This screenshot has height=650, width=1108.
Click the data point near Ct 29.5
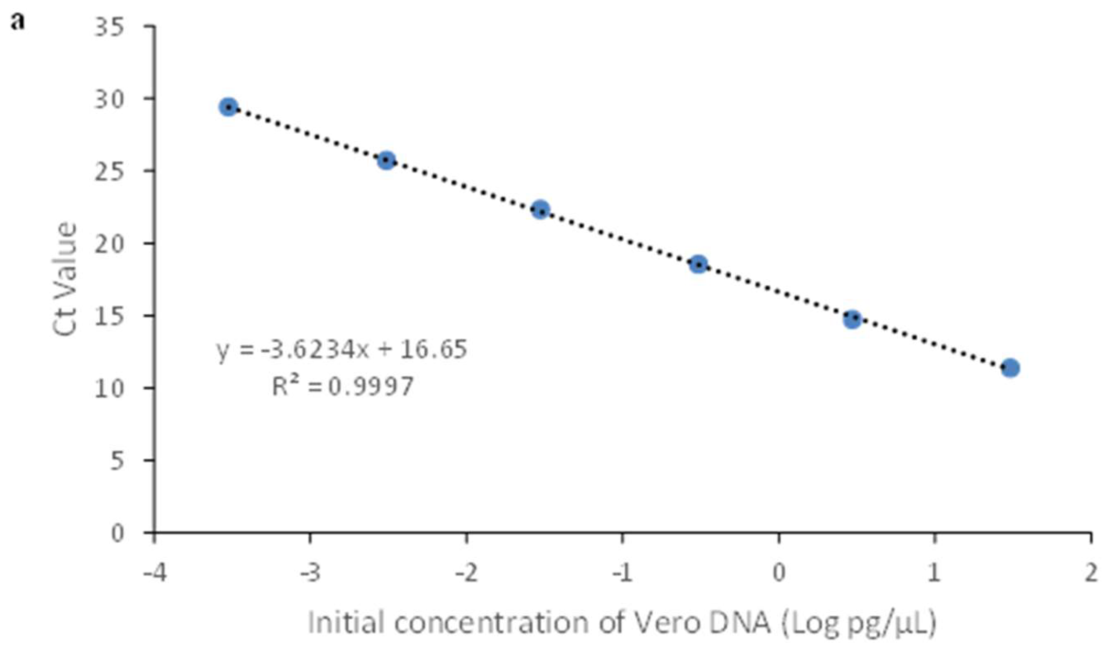pyautogui.click(x=229, y=107)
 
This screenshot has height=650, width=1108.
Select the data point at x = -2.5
pyautogui.click(x=386, y=160)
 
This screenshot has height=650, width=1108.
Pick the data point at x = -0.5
pyautogui.click(x=698, y=264)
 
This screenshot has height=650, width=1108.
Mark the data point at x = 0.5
pyautogui.click(x=852, y=319)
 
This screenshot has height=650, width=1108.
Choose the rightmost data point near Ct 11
pyautogui.click(x=1010, y=368)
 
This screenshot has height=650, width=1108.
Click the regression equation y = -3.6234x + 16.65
pyautogui.click(x=342, y=350)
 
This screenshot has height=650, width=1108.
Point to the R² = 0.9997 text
pyautogui.click(x=343, y=387)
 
